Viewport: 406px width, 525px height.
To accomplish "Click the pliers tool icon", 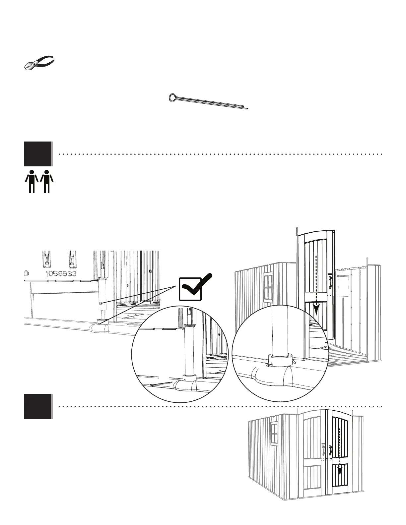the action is pyautogui.click(x=39, y=63).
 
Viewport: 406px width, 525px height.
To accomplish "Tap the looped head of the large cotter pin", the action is pyautogui.click(x=173, y=97).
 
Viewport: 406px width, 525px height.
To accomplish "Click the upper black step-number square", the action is pyautogui.click(x=38, y=154).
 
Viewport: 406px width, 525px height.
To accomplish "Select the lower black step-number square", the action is pyautogui.click(x=38, y=406).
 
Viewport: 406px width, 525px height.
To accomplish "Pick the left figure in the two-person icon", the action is pyautogui.click(x=32, y=181).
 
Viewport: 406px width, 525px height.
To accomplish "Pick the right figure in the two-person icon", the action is pyautogui.click(x=47, y=181).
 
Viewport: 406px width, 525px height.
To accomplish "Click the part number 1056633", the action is pyautogui.click(x=61, y=274).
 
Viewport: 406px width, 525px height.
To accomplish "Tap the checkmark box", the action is pyautogui.click(x=190, y=289).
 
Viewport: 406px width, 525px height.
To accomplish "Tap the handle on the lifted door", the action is pyautogui.click(x=330, y=282).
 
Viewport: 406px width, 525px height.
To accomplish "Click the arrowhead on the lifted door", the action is pyautogui.click(x=317, y=310).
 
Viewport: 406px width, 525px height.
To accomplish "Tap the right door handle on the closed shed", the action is pyautogui.click(x=330, y=451).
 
